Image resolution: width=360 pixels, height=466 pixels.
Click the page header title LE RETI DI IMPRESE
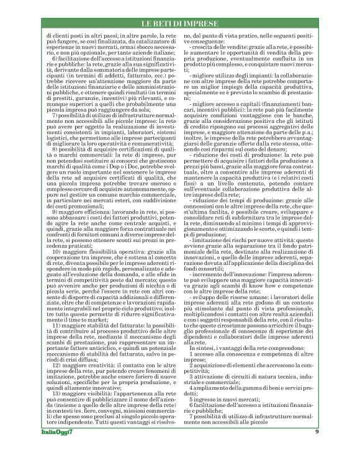[179, 24]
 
